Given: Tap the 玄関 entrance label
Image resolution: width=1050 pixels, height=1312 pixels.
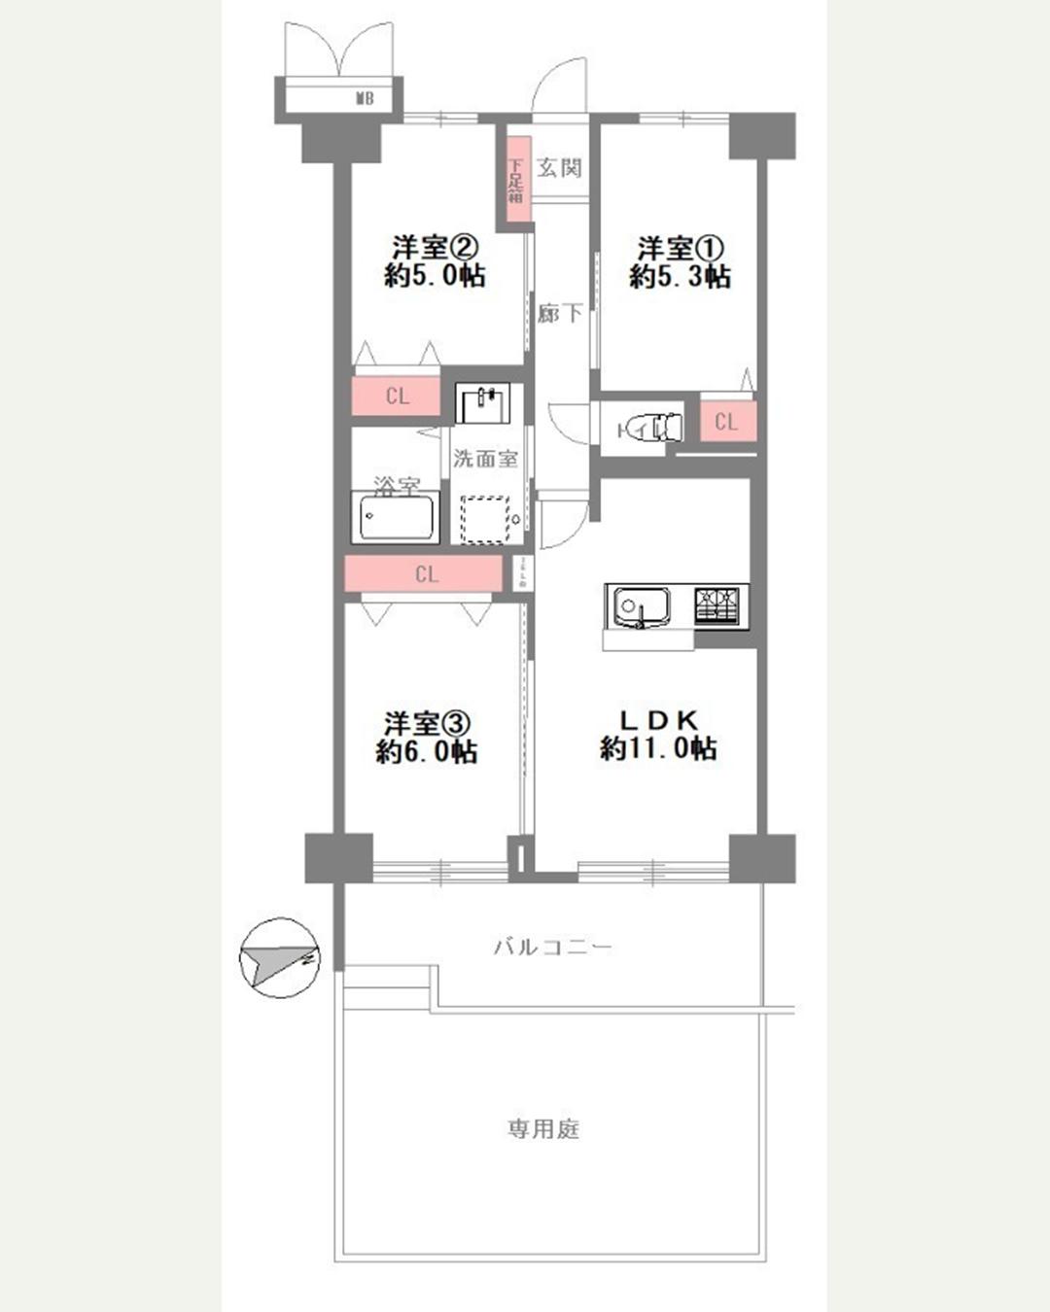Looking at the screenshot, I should pyautogui.click(x=560, y=167).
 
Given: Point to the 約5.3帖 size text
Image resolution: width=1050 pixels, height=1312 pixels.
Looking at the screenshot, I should pyautogui.click(x=680, y=277).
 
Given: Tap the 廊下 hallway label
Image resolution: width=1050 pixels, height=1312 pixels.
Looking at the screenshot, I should pyautogui.click(x=561, y=313).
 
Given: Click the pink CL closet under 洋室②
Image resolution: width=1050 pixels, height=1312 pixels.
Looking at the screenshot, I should pyautogui.click(x=397, y=397).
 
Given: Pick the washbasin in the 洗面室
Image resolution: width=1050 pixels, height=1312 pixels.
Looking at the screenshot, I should pyautogui.click(x=483, y=403).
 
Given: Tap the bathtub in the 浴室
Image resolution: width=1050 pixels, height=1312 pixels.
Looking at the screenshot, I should pyautogui.click(x=396, y=518).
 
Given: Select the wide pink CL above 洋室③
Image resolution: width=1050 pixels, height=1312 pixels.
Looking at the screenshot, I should pyautogui.click(x=426, y=574).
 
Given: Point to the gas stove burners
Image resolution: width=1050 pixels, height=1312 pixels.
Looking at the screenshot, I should pyautogui.click(x=719, y=604).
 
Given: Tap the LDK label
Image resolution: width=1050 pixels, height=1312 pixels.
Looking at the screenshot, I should pyautogui.click(x=660, y=720).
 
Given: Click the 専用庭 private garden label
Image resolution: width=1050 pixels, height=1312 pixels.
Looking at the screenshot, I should pyautogui.click(x=543, y=1128).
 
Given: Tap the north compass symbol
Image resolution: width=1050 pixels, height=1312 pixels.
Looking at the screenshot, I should pyautogui.click(x=280, y=958).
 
